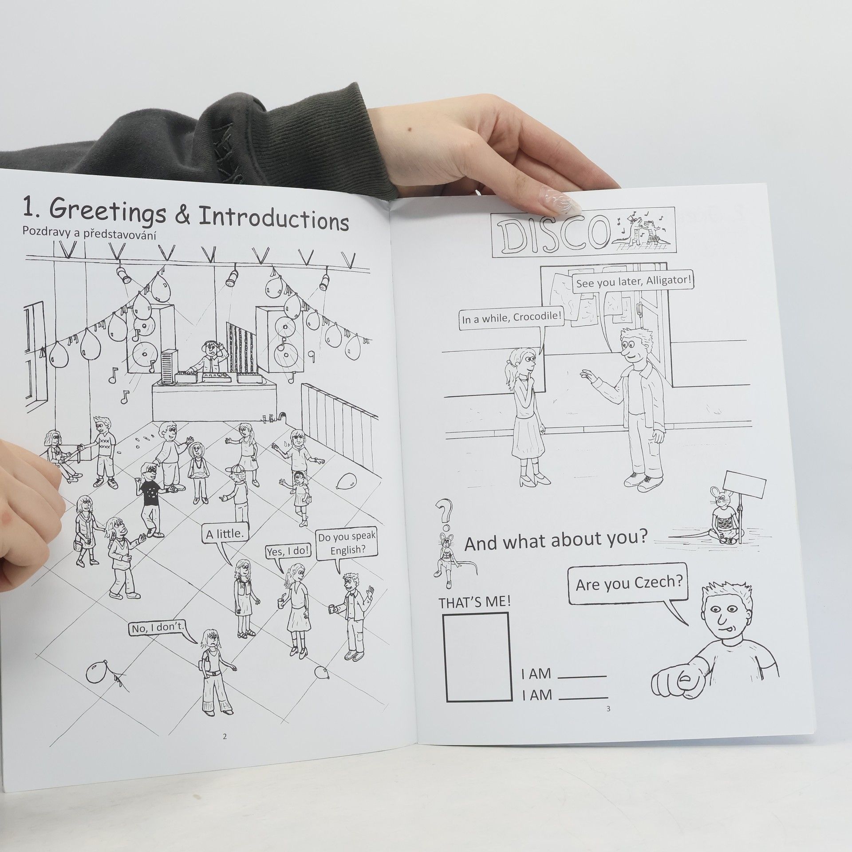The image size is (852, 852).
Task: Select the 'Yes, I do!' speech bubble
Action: coord(289,552)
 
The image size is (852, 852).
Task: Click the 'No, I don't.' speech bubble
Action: coord(158,628)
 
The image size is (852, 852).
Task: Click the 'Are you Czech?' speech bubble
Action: coord(629,585)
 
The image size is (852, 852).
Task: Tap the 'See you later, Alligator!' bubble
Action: coord(633,282)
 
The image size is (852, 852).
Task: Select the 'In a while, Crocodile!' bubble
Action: coord(512,318)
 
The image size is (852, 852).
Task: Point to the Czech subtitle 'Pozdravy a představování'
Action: coord(92,245)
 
